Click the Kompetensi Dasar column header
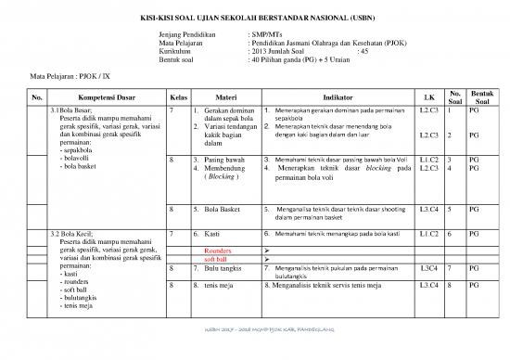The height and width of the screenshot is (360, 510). [96, 96]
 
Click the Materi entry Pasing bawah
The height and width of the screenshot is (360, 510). [217, 160]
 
